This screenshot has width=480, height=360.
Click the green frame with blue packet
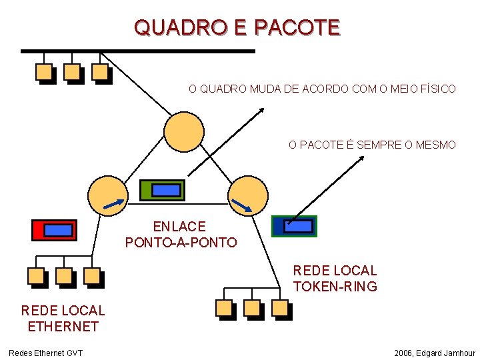pyautogui.click(x=163, y=190)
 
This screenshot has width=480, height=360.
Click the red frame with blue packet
pyautogui.click(x=55, y=229)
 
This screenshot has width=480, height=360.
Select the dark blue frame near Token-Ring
pyautogui.click(x=295, y=227)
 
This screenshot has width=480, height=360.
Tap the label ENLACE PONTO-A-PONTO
pyautogui.click(x=181, y=235)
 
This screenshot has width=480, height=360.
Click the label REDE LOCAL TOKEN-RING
pyautogui.click(x=335, y=279)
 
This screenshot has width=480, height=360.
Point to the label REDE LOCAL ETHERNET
pyautogui.click(x=63, y=318)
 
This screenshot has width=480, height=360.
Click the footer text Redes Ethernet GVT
pyautogui.click(x=45, y=352)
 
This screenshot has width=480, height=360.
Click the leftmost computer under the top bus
pyautogui.click(x=45, y=72)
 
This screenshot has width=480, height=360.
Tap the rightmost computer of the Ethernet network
pyautogui.click(x=93, y=276)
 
